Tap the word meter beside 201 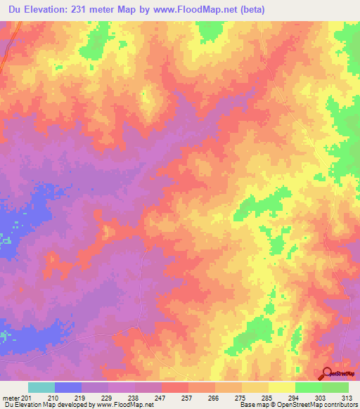click(11, 397)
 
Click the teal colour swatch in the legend click(41, 387)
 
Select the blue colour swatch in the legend click(68, 387)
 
